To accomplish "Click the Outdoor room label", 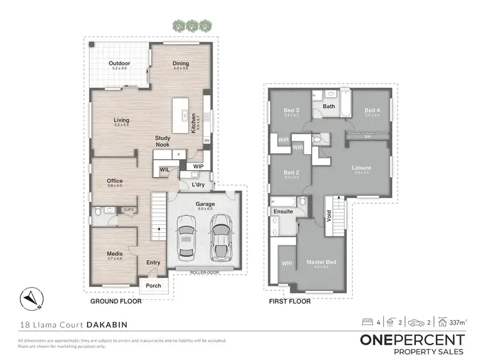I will click(x=119, y=63).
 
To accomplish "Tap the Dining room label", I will click(x=181, y=63).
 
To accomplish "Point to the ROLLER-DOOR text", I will click(x=204, y=272).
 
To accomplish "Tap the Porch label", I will click(x=154, y=285).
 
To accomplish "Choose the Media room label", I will click(x=115, y=254).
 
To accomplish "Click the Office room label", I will click(x=115, y=181).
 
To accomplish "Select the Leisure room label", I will click(x=362, y=168).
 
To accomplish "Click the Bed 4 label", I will click(x=372, y=111).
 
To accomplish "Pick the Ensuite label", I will click(x=283, y=210).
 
